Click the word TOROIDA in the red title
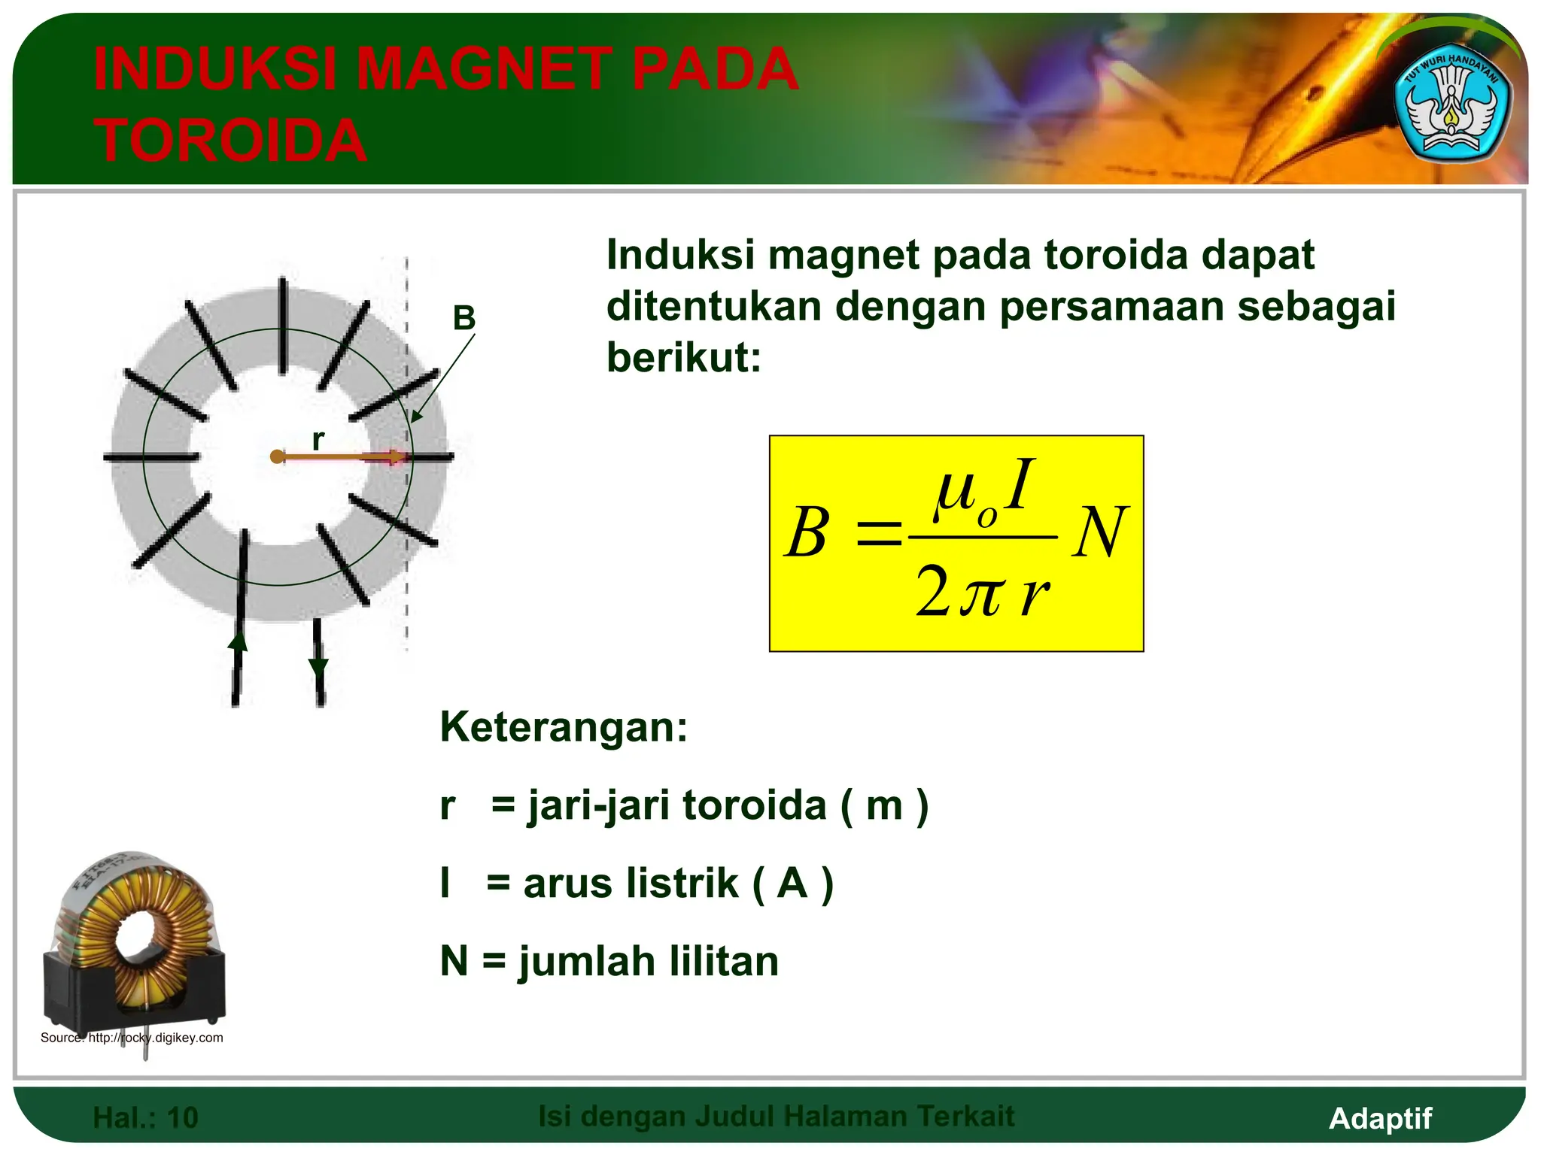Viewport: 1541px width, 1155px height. (230, 141)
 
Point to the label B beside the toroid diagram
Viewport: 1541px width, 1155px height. (464, 319)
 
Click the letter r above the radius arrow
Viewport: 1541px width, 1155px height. (318, 439)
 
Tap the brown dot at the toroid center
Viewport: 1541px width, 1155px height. (277, 456)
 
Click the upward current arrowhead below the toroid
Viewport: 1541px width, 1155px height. (238, 641)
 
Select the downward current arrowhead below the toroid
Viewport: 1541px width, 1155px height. (319, 667)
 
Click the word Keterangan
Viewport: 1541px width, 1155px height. (563, 727)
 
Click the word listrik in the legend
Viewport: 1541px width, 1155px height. (685, 883)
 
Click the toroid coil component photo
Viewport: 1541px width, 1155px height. (134, 947)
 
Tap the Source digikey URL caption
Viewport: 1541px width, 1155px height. (132, 1038)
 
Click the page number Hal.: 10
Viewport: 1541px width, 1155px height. (145, 1117)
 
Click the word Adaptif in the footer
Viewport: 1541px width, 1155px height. (1380, 1118)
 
